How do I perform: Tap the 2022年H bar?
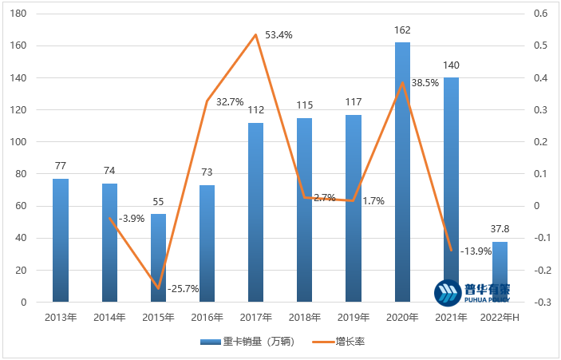click(500, 271)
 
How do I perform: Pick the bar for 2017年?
click(255, 212)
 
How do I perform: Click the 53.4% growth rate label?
click(279, 35)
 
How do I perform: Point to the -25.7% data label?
click(183, 288)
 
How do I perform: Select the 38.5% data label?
click(425, 82)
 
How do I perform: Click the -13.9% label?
click(476, 251)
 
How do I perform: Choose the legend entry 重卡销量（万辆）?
click(247, 341)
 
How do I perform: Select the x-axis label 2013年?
click(61, 317)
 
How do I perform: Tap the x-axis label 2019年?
click(354, 317)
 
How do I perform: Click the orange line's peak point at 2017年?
click(255, 34)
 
